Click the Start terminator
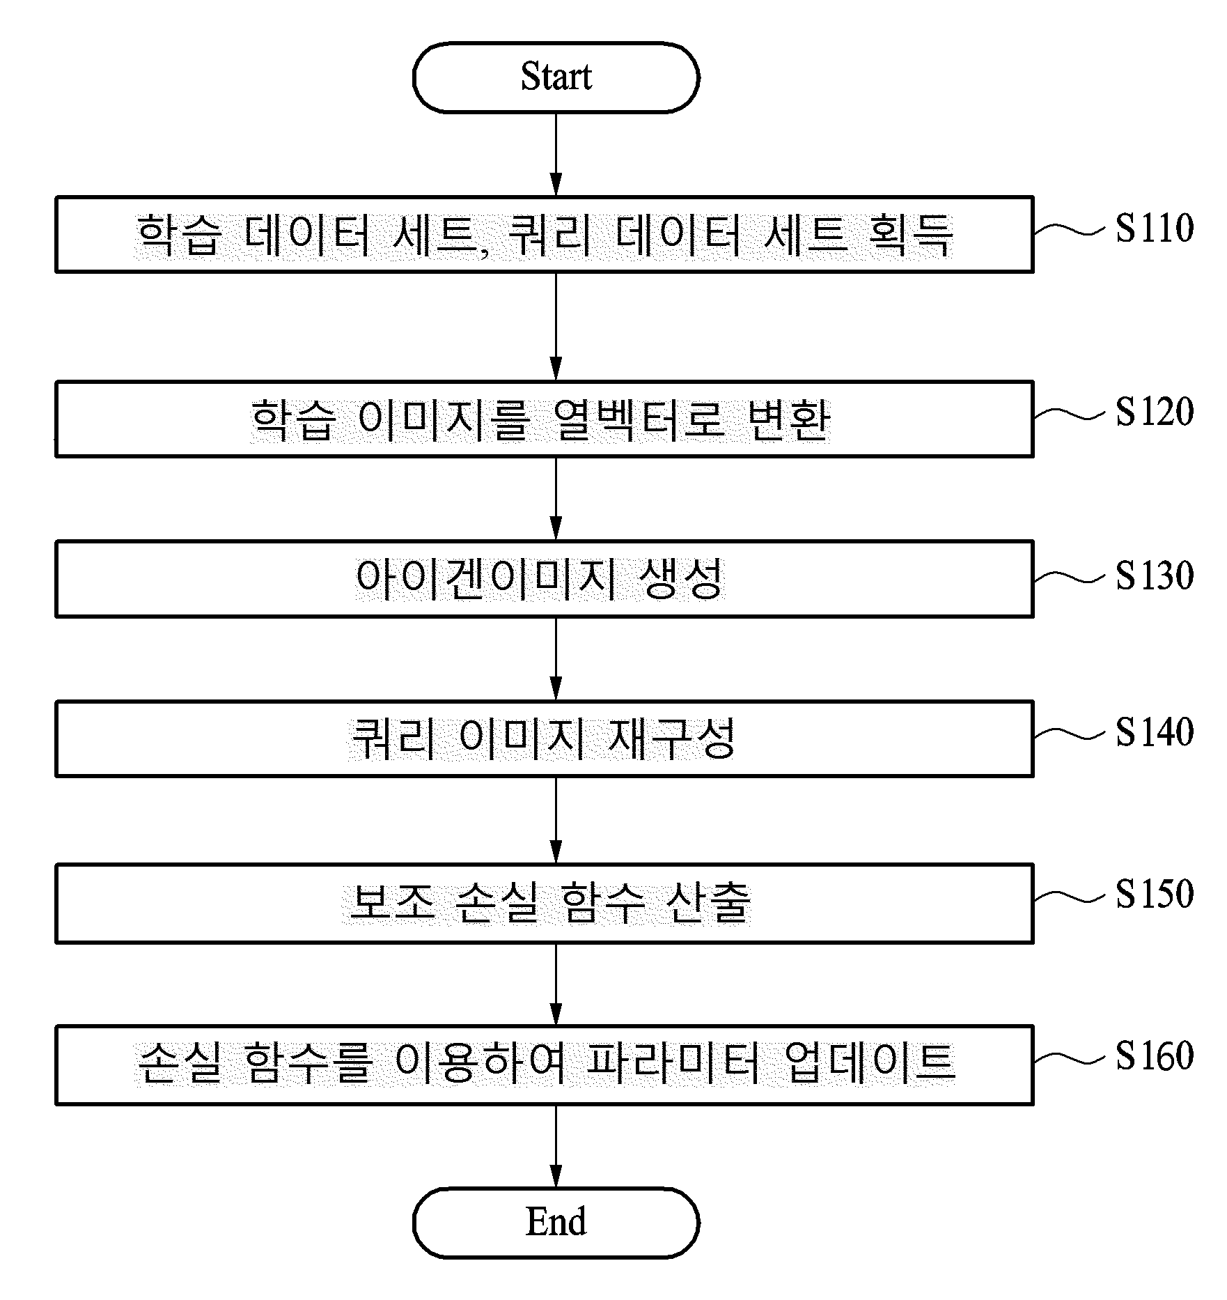point(556,77)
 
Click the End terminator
point(556,1223)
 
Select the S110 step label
point(1155,228)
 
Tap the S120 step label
point(1155,412)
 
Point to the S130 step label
point(1155,575)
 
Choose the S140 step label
point(1155,732)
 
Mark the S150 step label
point(1155,894)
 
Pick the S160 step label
point(1155,1055)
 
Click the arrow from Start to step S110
point(556,154)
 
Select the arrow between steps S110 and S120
point(556,326)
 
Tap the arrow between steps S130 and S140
point(556,658)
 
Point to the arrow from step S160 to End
point(556,1146)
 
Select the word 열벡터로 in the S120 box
point(639,420)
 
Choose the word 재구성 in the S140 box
point(672,738)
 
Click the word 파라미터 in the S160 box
point(672,1065)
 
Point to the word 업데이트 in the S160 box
point(869,1065)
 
